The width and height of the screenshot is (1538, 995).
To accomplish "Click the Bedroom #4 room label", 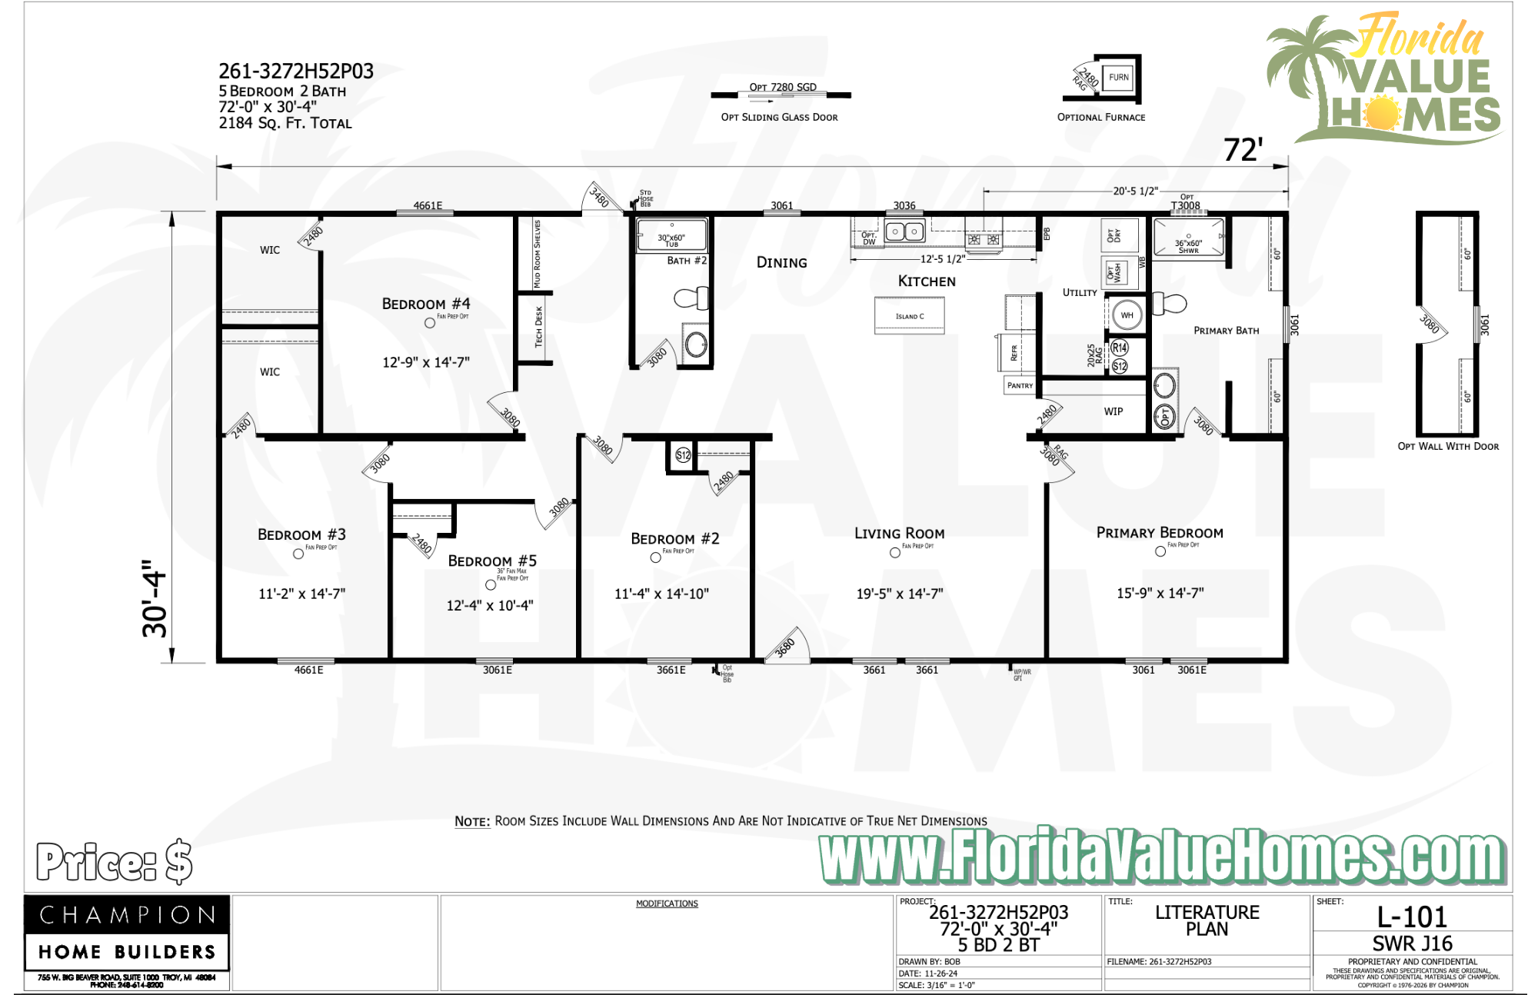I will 426,304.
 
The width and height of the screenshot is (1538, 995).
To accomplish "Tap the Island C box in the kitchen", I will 910,316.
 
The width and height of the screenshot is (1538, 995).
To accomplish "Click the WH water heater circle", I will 1127,314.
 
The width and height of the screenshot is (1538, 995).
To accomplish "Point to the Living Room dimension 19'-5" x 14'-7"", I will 900,594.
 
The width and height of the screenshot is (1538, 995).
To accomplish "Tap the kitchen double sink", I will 904,231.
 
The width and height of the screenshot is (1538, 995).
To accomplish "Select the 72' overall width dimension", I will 1243,150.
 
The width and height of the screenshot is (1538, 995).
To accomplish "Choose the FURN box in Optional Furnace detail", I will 1118,77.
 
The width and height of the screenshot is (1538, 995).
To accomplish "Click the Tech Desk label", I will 539,327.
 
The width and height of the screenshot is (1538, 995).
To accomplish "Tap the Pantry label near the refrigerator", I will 1020,385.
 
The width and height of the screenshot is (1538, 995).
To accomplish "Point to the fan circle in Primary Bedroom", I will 1160,551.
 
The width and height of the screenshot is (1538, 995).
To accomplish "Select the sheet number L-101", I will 1412,917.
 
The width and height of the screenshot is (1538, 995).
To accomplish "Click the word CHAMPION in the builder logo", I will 128,915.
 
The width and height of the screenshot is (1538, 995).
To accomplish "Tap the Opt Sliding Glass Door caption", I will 779,117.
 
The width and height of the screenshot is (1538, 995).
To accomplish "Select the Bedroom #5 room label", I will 492,561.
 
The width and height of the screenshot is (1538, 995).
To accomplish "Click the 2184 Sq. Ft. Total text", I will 285,123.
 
